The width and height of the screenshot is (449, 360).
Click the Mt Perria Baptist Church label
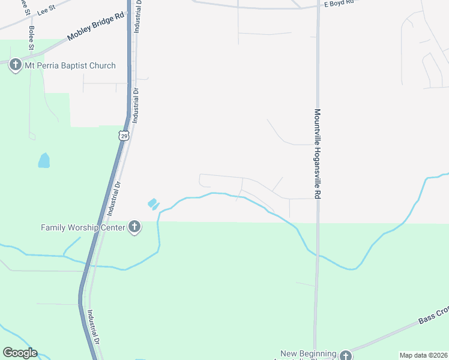point(70,65)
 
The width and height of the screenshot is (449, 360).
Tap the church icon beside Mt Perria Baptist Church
point(16,65)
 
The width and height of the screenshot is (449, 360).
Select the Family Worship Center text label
point(83,227)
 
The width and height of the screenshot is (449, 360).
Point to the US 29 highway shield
point(123,136)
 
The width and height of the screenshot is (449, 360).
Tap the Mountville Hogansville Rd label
point(318,154)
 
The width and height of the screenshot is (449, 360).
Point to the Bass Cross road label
point(434,316)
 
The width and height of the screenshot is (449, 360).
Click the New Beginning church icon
point(345,355)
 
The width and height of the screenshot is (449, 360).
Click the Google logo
point(20,353)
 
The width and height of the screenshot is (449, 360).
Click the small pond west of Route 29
point(44,160)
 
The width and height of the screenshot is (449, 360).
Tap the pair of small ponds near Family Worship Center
point(152,204)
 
